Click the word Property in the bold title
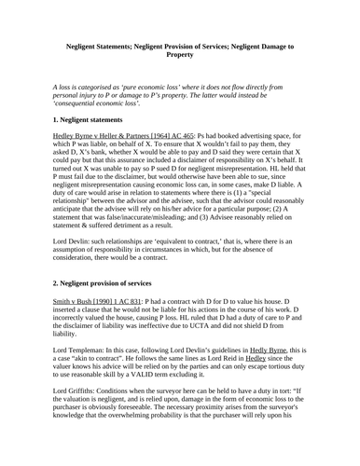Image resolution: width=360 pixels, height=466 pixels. coord(179,55)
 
